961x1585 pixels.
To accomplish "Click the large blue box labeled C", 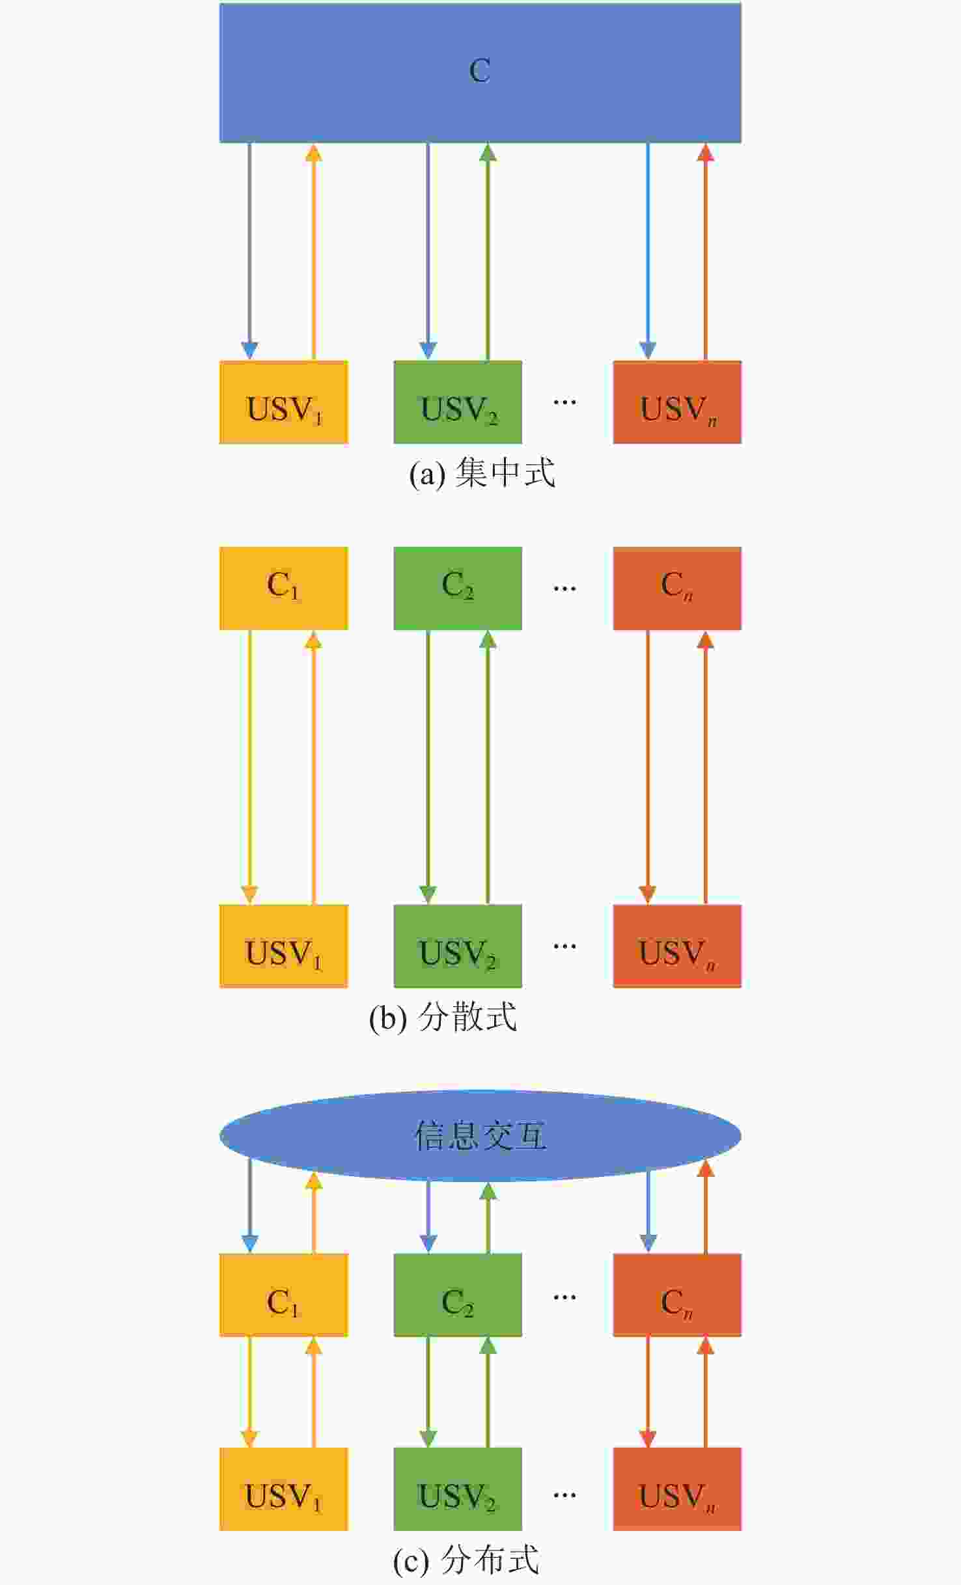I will pos(480,72).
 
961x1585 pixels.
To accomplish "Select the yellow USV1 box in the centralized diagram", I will pos(283,402).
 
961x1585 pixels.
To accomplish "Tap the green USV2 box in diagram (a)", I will pos(457,402).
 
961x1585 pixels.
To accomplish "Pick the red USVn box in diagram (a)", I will pos(676,402).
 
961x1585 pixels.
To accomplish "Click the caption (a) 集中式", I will pos(482,473).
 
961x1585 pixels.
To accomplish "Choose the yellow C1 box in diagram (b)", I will pos(283,588).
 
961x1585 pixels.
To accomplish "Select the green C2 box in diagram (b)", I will pos(457,588).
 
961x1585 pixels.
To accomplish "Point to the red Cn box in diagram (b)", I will pos(676,588).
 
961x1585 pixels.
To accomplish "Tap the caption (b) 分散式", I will pos(443,1017).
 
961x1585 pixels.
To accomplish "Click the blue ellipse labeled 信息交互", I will pos(480,1136).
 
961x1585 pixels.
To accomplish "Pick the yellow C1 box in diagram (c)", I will pos(283,1295).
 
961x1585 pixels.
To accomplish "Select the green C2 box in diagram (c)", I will pos(457,1295).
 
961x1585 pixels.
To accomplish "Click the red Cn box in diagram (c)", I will pos(676,1295).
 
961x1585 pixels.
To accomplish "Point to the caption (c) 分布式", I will pos(466,1560).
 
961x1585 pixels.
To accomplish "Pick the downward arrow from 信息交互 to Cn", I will pos(648,1211).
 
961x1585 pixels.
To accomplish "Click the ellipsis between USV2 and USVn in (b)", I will pos(564,946).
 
